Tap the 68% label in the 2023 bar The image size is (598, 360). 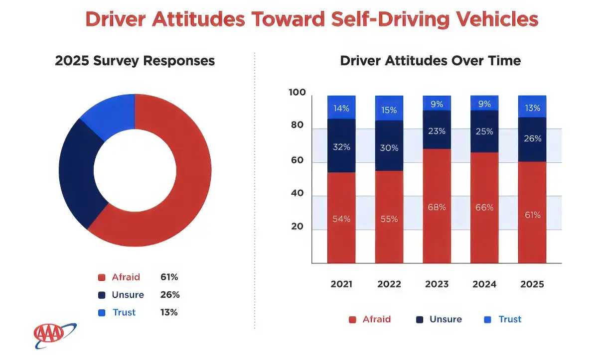[x=437, y=207]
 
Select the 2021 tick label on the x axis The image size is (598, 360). [x=341, y=284]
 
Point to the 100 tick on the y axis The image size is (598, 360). [x=297, y=93]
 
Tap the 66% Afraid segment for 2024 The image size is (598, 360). [x=484, y=207]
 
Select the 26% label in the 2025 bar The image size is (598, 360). [x=532, y=139]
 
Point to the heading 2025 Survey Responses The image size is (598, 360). [x=135, y=61]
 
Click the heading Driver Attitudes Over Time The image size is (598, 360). [x=430, y=61]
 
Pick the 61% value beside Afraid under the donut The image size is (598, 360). [x=169, y=277]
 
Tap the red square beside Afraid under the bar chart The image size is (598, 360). [x=352, y=320]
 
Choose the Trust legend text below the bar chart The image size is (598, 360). [x=510, y=320]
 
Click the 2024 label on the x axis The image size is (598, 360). [x=484, y=284]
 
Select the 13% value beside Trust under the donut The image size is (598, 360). [x=169, y=312]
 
